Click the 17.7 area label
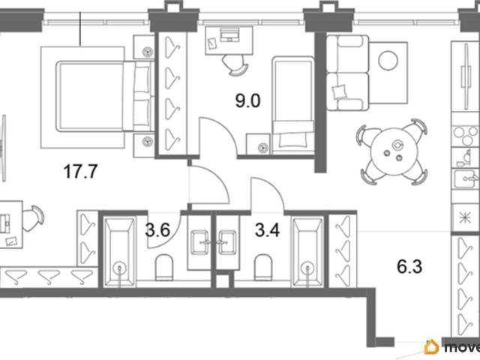[x=80, y=171]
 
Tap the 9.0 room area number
[x=247, y=100]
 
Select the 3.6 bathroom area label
[x=157, y=230]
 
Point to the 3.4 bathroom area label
[x=267, y=230]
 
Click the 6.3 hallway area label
[x=409, y=266]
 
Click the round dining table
[x=392, y=151]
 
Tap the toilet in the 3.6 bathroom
[x=164, y=267]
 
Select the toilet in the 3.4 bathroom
[x=263, y=267]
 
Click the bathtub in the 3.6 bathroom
[x=119, y=252]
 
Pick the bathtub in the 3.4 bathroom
[x=308, y=252]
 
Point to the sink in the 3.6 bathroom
[x=199, y=242]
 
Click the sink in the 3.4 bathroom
[x=227, y=242]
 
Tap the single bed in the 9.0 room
[x=293, y=105]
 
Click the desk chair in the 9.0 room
[x=236, y=64]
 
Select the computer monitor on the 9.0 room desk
[x=229, y=34]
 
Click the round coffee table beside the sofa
[x=388, y=60]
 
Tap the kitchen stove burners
[x=466, y=136]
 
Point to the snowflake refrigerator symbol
[x=465, y=217]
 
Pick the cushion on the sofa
[x=340, y=91]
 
